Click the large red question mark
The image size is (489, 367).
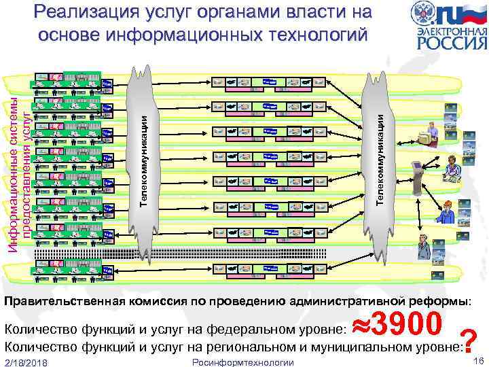(467, 340)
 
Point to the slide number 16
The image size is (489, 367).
(479, 359)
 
